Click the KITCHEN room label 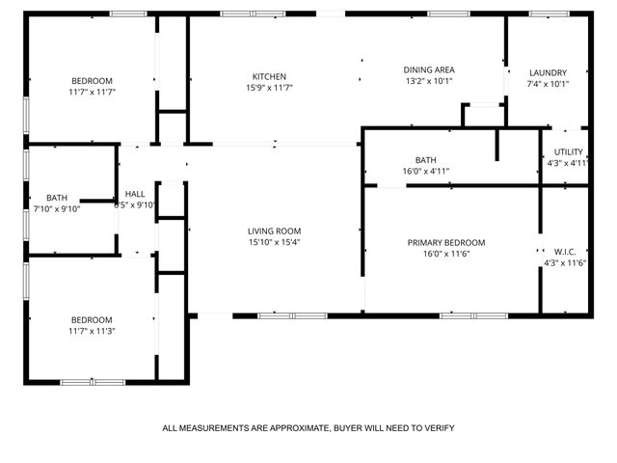(269, 76)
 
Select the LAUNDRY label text (548, 72)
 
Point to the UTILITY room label (566, 151)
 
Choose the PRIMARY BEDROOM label (445, 243)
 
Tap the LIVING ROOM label (275, 231)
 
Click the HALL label (135, 193)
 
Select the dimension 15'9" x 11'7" (269, 88)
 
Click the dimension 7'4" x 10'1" (548, 84)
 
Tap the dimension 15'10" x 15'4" (275, 242)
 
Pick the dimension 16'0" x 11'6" (445, 255)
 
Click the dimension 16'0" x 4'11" (425, 171)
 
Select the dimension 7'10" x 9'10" (57, 208)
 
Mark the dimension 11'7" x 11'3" (92, 331)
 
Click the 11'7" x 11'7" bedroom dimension (92, 92)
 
